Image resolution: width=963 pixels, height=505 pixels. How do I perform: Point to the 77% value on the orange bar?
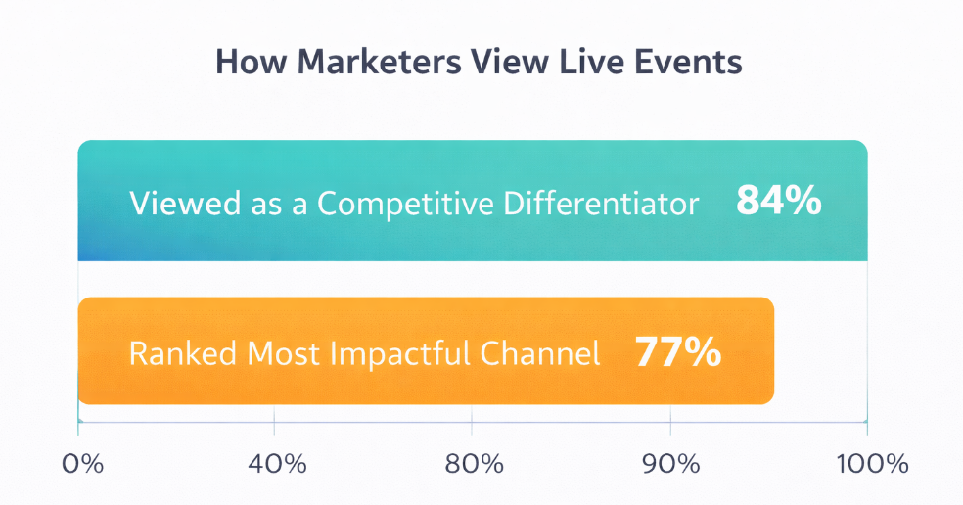tap(678, 352)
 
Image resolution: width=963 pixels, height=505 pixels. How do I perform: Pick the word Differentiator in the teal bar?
tap(602, 204)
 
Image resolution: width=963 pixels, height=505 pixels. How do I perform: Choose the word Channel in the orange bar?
tap(551, 353)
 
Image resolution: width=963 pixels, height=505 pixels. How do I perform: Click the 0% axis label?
tap(82, 463)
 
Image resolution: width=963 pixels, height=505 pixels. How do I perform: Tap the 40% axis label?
tap(275, 463)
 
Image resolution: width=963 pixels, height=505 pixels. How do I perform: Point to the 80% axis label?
tap(473, 463)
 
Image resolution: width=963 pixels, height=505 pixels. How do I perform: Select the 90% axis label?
tap(671, 463)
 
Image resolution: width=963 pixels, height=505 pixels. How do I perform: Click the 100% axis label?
tap(867, 463)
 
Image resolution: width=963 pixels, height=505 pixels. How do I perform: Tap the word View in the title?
tap(512, 62)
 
